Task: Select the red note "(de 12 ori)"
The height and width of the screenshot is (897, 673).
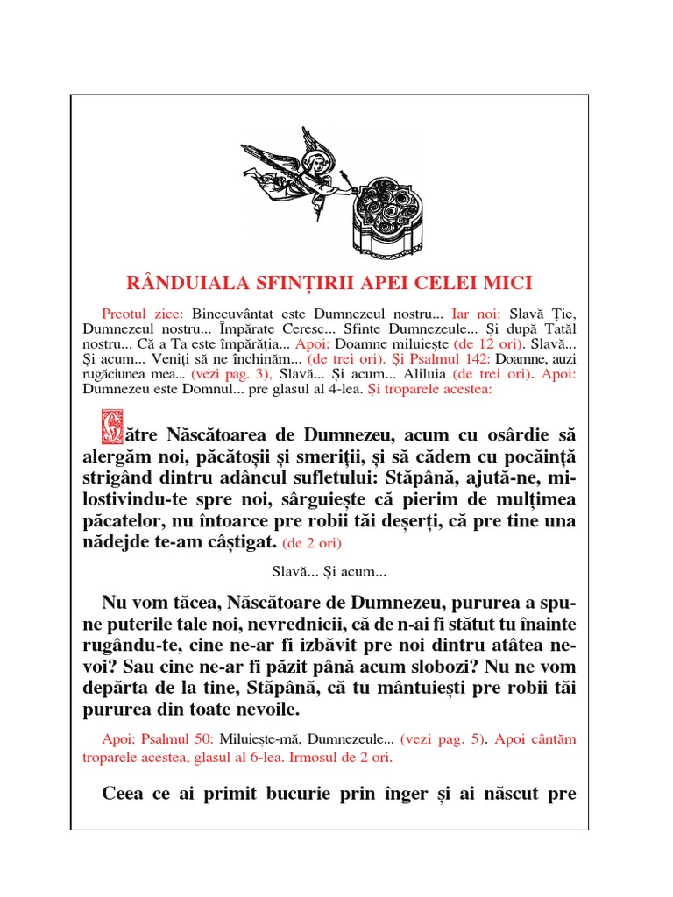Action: [x=485, y=344]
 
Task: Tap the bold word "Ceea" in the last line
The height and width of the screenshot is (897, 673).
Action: [x=123, y=795]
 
